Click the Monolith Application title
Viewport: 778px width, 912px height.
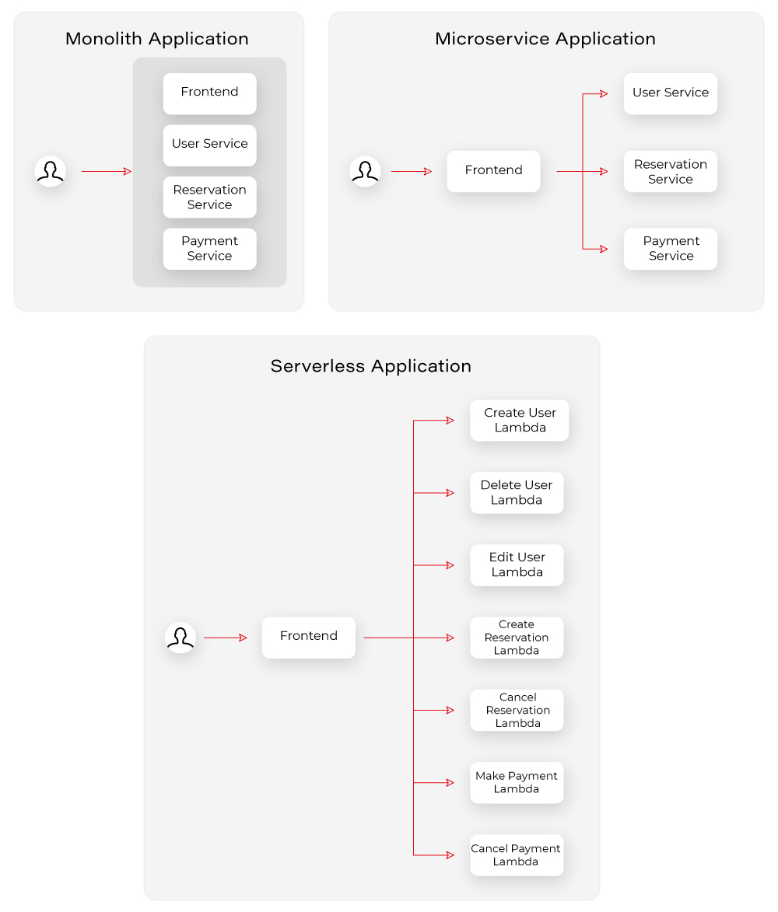point(157,39)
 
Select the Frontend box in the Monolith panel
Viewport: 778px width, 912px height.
point(209,93)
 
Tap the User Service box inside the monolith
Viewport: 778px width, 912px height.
point(209,145)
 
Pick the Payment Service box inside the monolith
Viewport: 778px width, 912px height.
point(209,249)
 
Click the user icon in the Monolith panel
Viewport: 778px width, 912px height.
point(51,171)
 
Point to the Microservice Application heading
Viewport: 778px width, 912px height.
point(545,39)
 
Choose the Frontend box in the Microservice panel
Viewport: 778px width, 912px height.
point(493,171)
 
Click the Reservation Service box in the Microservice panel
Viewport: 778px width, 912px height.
point(670,172)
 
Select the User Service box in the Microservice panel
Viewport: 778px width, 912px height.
point(670,93)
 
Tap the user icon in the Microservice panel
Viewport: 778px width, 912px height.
point(365,171)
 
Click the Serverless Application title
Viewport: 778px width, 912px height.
point(370,366)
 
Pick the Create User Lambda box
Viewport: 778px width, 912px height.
point(519,421)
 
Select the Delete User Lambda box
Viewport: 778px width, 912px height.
point(517,493)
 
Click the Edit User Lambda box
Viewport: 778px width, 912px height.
point(517,565)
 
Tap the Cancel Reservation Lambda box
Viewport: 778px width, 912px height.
point(517,710)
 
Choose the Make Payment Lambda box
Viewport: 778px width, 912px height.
point(517,782)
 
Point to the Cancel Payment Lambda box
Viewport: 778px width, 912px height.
point(517,855)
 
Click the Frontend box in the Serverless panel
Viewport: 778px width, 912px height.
point(308,638)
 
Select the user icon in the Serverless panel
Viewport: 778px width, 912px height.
point(180,638)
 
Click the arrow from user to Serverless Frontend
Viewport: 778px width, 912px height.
point(225,638)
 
